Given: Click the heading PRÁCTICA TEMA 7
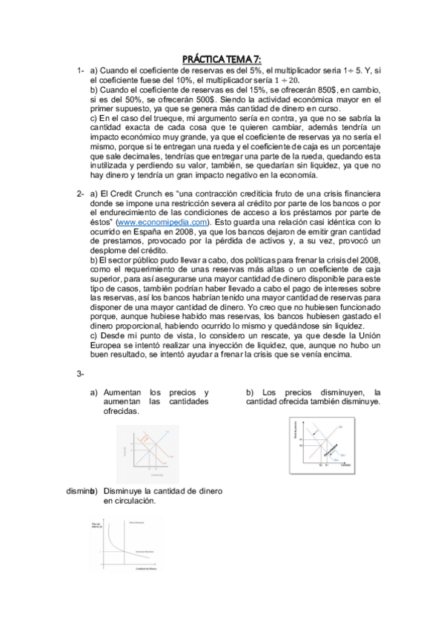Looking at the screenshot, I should point(222,59).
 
